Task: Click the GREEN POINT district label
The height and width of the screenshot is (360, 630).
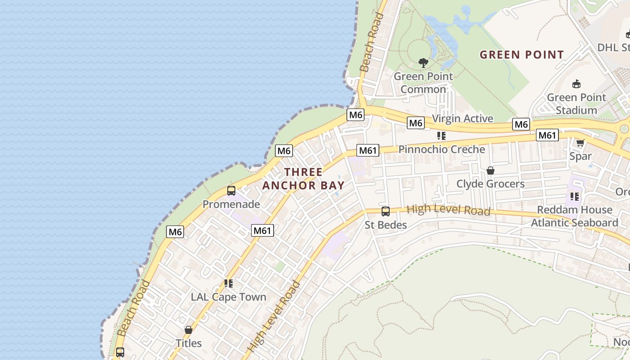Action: coord(522,55)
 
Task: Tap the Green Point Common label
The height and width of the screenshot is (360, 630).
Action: coord(423,83)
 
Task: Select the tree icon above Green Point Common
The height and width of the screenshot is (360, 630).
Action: coord(423,63)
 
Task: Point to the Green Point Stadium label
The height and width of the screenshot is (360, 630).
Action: coord(576,103)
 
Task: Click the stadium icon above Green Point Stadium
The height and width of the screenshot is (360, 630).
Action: coord(576,84)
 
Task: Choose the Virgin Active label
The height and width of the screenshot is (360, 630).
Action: coord(463,118)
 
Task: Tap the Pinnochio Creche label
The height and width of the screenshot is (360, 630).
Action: coord(441,149)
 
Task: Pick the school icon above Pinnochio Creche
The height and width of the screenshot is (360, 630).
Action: coord(441,135)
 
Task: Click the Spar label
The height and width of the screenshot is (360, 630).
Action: coord(580,156)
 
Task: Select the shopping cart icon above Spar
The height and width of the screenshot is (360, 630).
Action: coord(580,143)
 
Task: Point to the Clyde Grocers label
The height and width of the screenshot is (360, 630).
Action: coord(490,184)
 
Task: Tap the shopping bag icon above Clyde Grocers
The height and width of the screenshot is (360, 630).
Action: coord(490,171)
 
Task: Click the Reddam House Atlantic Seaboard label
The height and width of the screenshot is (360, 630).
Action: coord(574,216)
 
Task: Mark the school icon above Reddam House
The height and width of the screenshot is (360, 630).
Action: coord(574,196)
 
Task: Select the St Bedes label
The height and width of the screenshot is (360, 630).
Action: coord(386,225)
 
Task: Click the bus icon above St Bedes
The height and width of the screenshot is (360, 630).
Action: coord(386,211)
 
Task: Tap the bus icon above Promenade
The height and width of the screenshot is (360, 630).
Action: coord(231,191)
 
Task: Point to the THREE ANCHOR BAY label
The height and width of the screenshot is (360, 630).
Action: coord(304,179)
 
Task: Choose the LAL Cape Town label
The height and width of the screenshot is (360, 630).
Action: coord(228,297)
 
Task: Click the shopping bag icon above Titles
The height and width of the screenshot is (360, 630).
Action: coord(189,330)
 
